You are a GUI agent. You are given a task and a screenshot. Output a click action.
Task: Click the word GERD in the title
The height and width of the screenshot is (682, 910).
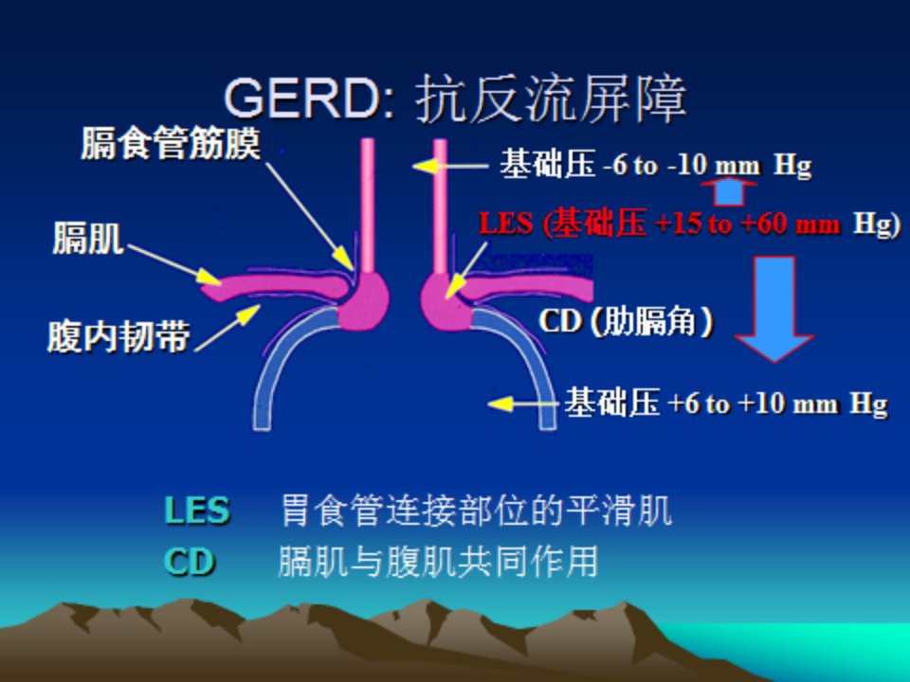[x=301, y=98]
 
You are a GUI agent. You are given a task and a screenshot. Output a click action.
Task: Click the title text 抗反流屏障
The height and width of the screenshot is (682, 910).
[x=551, y=99]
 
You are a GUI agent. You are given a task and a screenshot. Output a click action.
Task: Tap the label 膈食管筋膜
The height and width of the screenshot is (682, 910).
[x=171, y=143]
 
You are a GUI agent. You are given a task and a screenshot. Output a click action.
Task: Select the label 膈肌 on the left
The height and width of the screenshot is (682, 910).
[x=88, y=238]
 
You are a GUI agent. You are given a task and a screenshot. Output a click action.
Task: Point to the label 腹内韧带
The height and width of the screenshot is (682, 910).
[x=118, y=336]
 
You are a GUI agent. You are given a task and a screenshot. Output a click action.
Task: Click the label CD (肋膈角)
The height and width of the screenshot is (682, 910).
[x=626, y=321]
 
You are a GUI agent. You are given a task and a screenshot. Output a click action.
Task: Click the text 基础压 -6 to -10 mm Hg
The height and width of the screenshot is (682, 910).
[x=656, y=165]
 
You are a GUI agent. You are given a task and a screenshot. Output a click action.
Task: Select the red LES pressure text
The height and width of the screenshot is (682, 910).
[x=690, y=224]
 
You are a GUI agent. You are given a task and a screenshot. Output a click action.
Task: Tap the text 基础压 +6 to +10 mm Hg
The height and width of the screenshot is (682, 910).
[x=726, y=404]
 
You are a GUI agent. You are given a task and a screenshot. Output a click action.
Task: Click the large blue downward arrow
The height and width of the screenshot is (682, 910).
[x=774, y=309]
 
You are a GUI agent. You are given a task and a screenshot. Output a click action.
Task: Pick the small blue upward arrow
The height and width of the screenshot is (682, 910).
[x=729, y=192]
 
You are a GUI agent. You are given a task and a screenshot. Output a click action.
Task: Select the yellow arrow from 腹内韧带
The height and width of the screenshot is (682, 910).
[x=227, y=329]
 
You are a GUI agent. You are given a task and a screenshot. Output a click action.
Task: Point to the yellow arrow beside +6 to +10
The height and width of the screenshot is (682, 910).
[x=524, y=404]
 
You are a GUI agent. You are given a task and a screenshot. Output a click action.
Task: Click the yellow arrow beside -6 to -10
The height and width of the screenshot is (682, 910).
[x=450, y=166]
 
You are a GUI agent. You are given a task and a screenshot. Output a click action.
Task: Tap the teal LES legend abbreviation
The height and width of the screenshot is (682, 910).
[x=197, y=511]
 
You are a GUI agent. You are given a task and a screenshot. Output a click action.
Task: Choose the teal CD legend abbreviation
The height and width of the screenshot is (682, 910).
[x=190, y=562]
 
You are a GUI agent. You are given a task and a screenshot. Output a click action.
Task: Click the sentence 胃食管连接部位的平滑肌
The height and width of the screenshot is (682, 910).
[x=477, y=511]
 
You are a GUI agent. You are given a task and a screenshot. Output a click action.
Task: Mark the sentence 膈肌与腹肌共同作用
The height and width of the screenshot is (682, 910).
[x=438, y=562]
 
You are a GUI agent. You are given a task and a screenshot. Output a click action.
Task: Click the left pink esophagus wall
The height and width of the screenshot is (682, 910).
[x=368, y=206]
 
